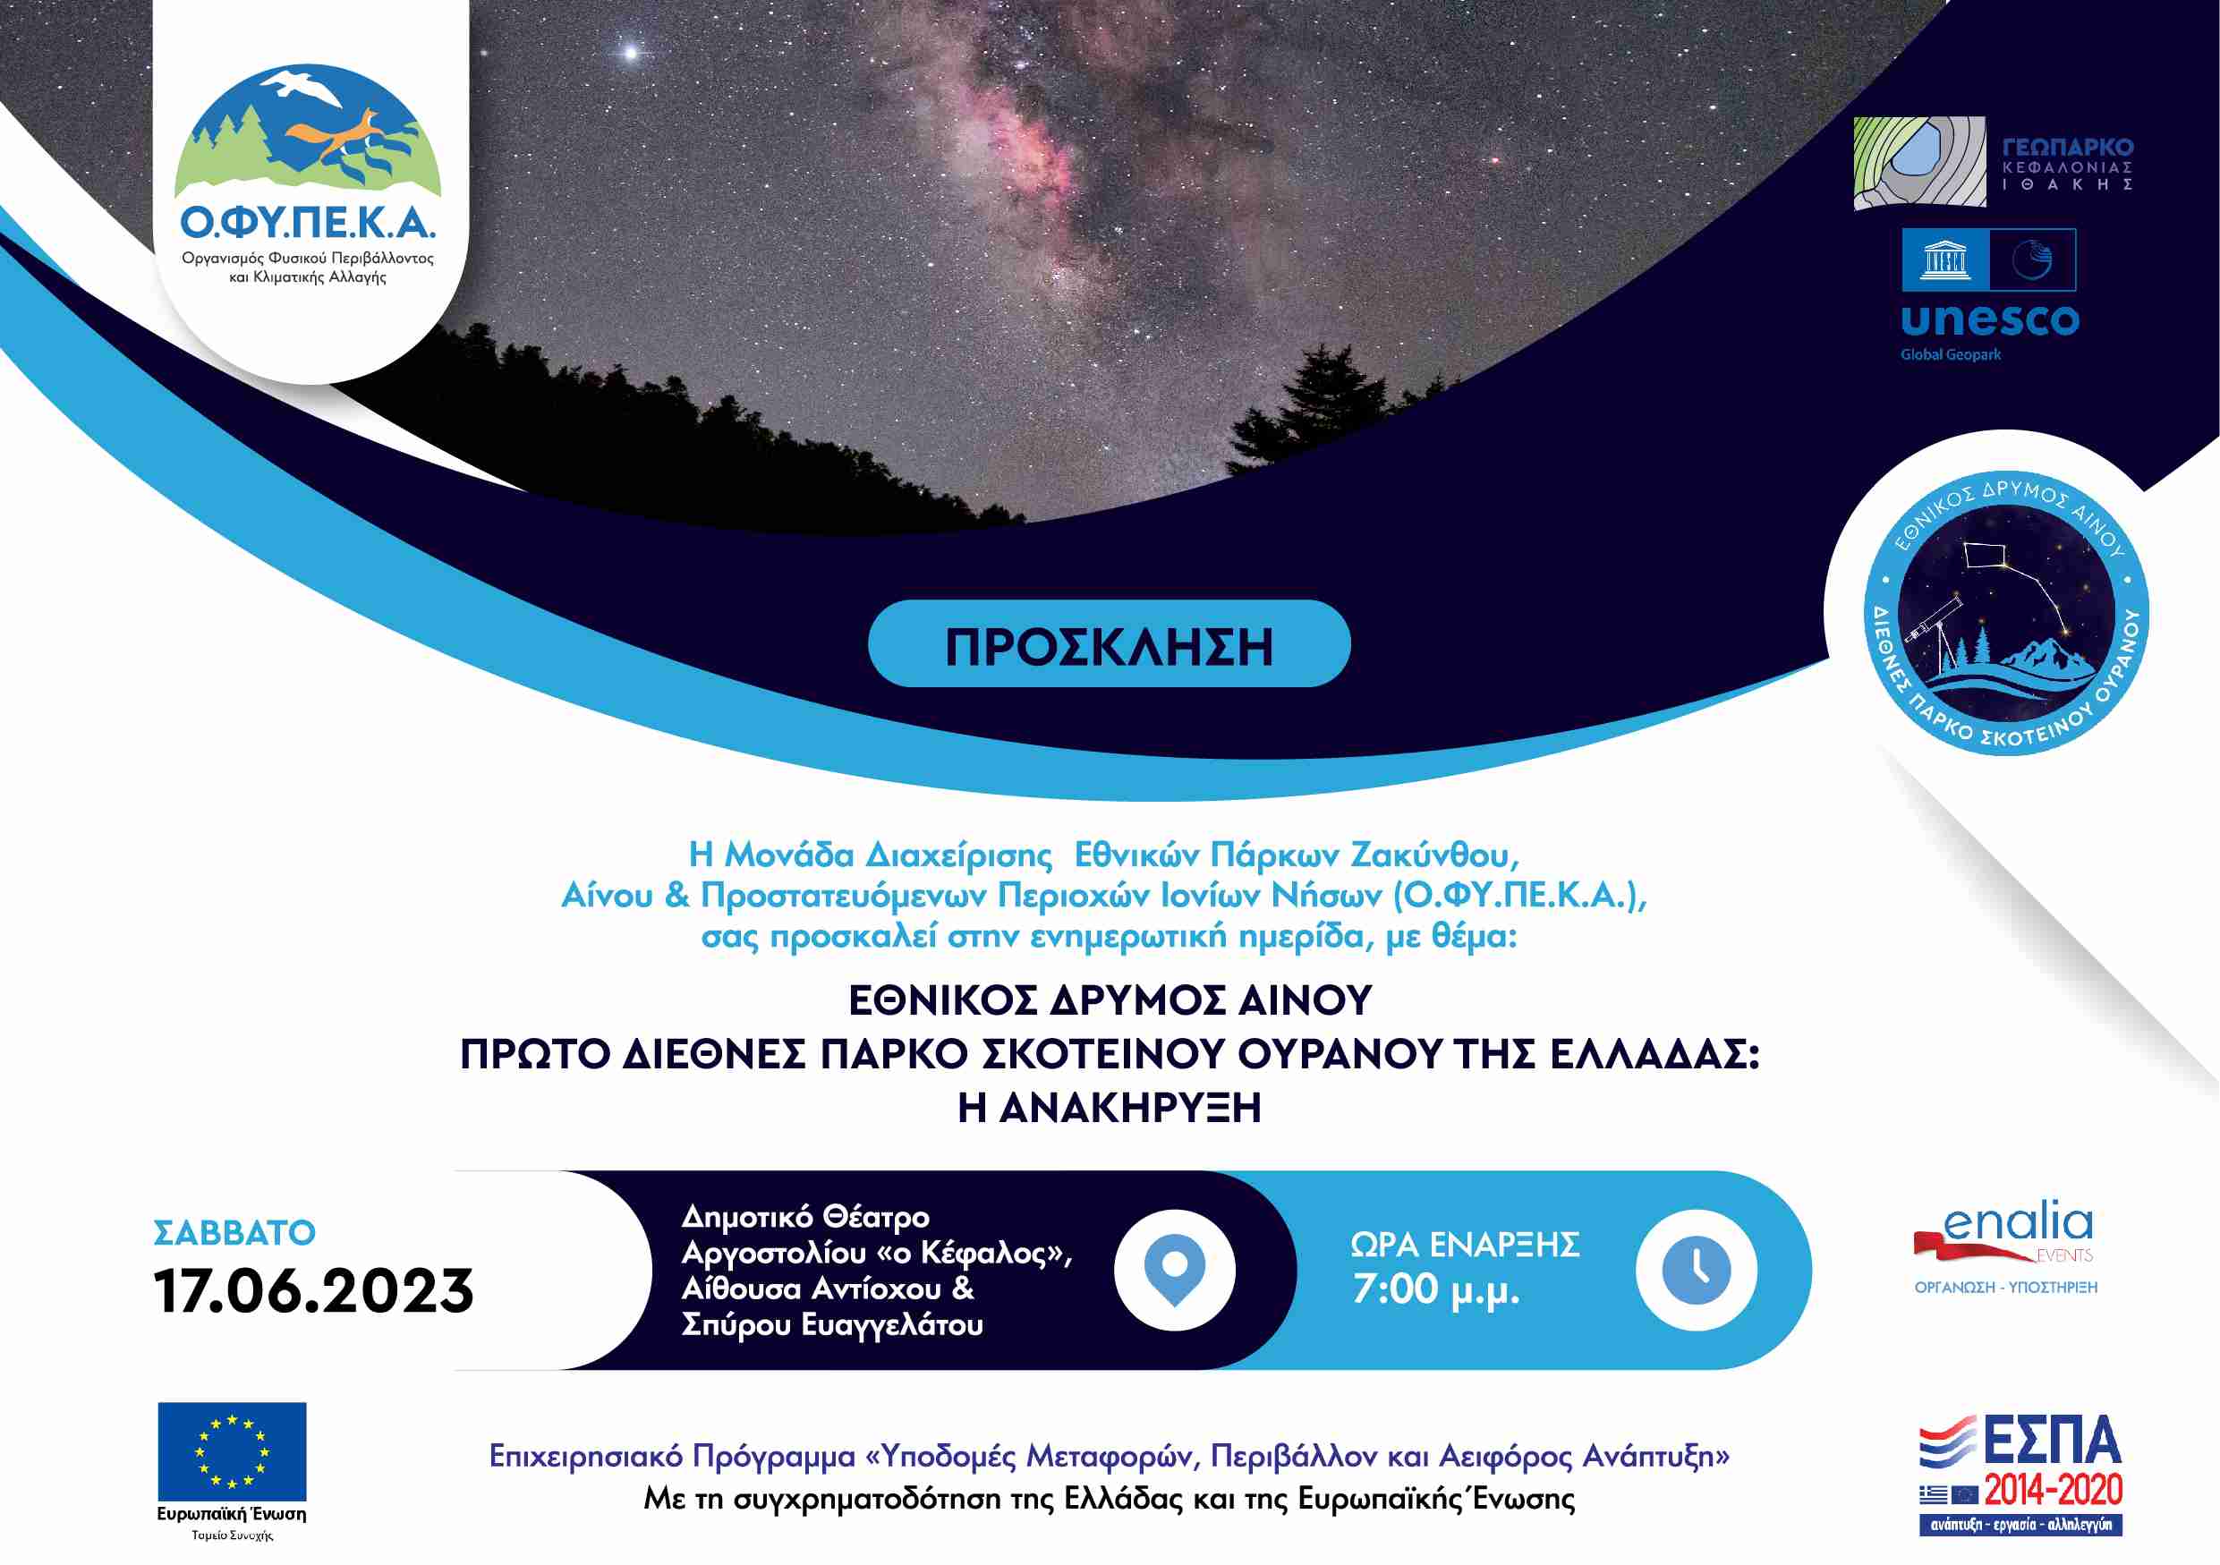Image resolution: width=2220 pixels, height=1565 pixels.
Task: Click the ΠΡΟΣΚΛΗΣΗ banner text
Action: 1108,648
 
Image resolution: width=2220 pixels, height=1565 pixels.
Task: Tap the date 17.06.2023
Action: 314,1291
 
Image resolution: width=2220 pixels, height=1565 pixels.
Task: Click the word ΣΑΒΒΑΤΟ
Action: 235,1232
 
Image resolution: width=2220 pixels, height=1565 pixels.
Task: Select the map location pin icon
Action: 1175,1269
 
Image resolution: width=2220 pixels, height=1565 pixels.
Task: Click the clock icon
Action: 1697,1269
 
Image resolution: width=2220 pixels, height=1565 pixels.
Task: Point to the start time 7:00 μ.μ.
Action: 1436,1290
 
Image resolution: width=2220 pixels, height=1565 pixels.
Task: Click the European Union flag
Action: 232,1452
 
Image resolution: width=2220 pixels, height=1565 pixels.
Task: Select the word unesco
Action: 1990,320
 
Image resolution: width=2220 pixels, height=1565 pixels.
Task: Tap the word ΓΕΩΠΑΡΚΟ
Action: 2067,148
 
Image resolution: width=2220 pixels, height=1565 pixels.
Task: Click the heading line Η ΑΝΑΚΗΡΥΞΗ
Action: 1109,1108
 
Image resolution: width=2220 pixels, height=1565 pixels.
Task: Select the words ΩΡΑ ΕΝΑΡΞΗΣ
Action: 1465,1245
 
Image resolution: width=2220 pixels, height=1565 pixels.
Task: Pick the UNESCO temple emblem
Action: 1944,260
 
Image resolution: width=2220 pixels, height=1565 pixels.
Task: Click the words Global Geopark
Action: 1952,354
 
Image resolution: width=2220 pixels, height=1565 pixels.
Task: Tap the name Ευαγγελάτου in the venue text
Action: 892,1325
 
